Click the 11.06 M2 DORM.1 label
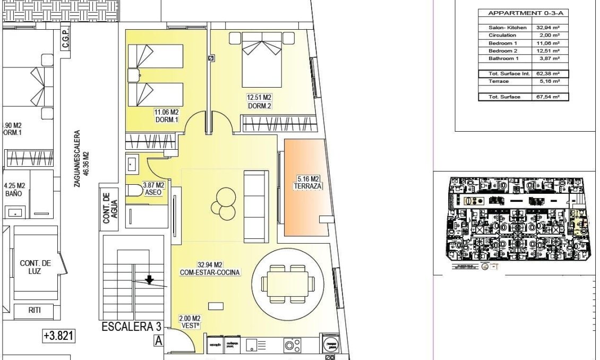167,116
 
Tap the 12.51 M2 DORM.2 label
259,101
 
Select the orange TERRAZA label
307,183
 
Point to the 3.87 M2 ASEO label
153,189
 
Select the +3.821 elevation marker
58,336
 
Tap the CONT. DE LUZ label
35,267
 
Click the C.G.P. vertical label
65,39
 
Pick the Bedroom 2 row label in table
502,50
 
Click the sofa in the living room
256,206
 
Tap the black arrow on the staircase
150,279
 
